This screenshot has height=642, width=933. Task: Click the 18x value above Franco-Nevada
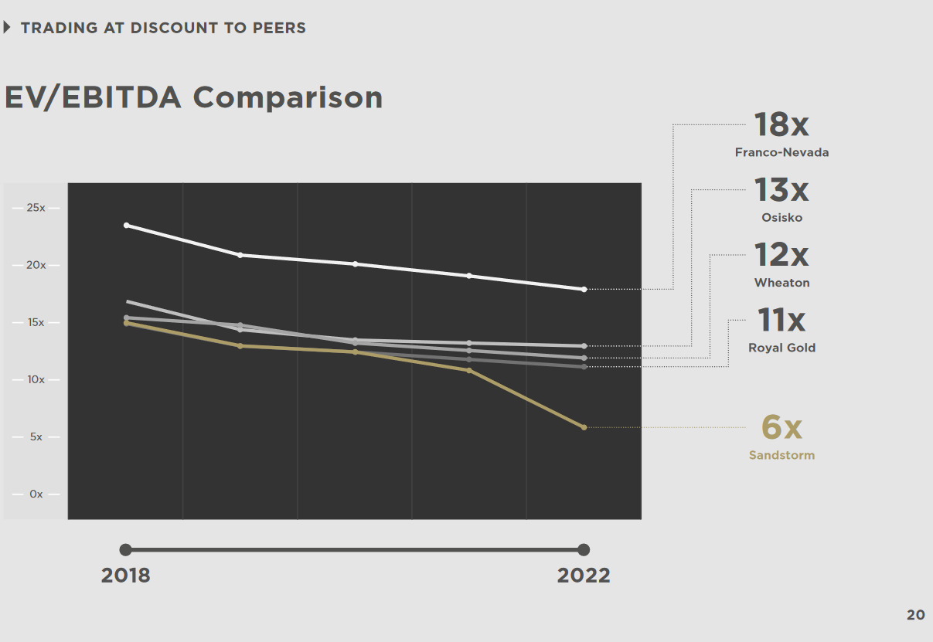[x=781, y=124]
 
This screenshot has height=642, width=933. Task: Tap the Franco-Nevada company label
[x=781, y=152]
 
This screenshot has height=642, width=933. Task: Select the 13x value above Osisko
[x=781, y=189]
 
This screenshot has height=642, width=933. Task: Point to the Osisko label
[x=781, y=217]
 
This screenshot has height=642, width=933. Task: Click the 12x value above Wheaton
[x=781, y=255]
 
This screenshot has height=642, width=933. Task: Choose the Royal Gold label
[x=781, y=348]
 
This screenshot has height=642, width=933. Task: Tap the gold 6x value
[x=781, y=426]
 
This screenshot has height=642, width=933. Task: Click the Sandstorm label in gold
[x=781, y=455]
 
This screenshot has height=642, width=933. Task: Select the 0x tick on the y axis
[x=36, y=494]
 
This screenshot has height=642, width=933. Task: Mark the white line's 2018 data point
[x=127, y=225]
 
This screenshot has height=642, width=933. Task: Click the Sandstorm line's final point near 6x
[x=584, y=427]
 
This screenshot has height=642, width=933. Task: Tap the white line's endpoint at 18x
[x=584, y=289]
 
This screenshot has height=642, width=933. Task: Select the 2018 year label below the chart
[x=126, y=576]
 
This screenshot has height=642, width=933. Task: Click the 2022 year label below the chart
[x=584, y=576]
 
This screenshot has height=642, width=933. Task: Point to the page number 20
[x=915, y=615]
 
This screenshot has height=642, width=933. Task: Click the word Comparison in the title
[x=288, y=97]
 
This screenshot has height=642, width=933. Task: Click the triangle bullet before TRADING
[x=8, y=28]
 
